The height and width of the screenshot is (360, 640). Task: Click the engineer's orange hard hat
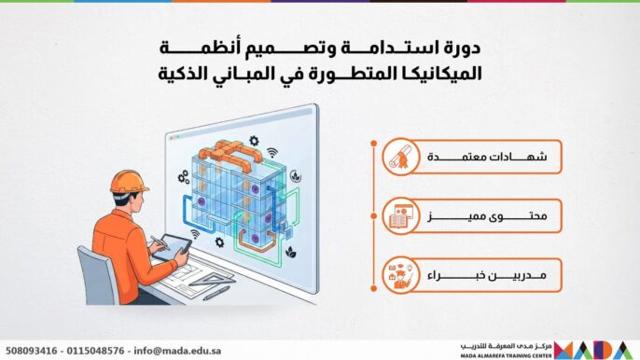coord(128,181)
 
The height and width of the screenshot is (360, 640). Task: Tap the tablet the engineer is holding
coord(174,244)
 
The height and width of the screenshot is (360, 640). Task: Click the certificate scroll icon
coord(399,159)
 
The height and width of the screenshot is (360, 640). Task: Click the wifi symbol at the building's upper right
coord(271,152)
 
